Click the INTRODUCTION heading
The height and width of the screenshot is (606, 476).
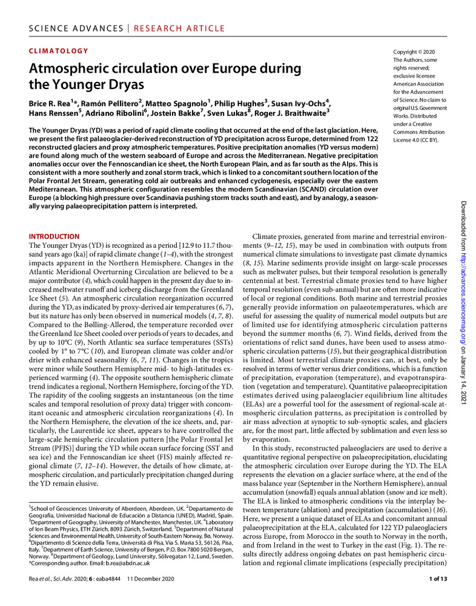point(54,236)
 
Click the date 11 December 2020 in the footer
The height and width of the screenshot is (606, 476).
point(147,579)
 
